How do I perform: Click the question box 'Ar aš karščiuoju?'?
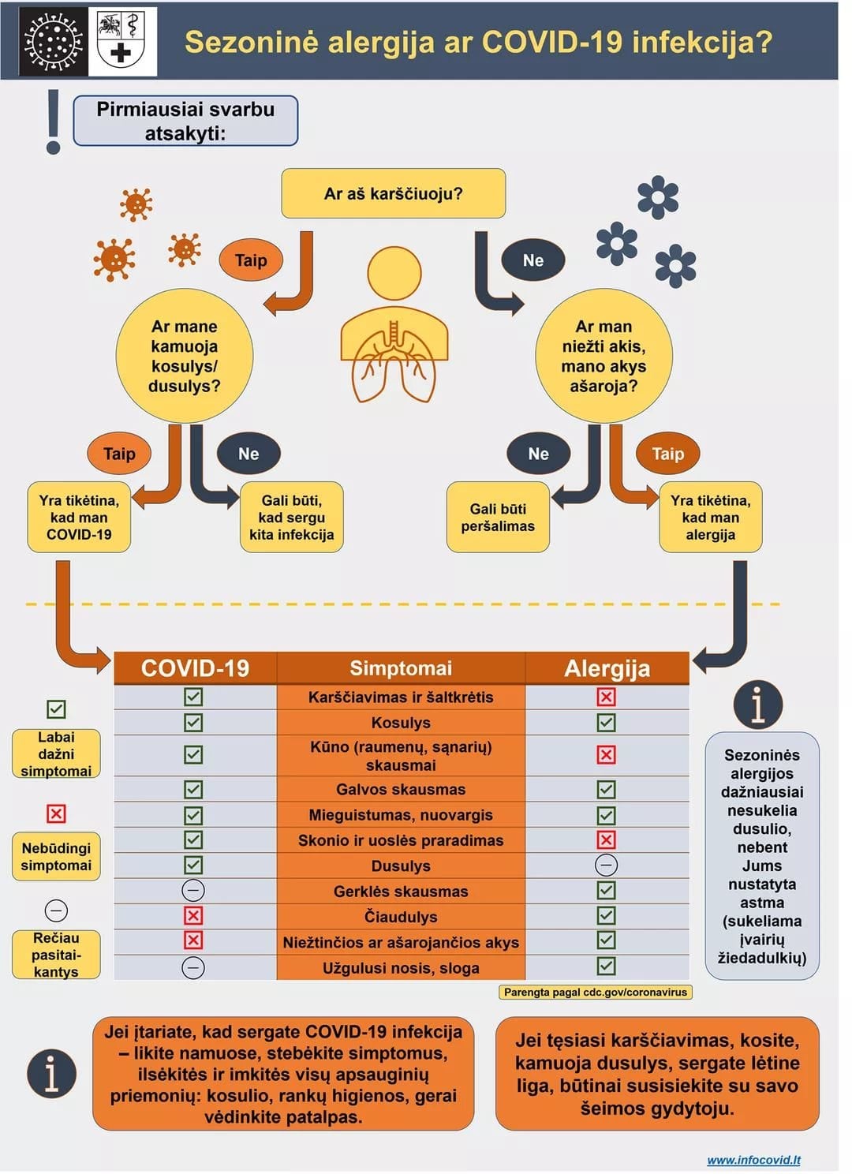(x=393, y=193)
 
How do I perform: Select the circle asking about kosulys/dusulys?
(x=184, y=356)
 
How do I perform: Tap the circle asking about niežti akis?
(x=603, y=356)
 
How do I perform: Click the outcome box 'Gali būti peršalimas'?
(x=498, y=518)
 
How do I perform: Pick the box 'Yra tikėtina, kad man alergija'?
(x=710, y=518)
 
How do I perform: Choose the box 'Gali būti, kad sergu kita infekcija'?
(x=291, y=518)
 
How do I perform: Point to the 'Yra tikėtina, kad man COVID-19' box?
(x=79, y=518)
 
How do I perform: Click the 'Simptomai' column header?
(x=401, y=668)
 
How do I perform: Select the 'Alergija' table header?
(x=607, y=668)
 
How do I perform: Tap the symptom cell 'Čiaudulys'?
(x=401, y=917)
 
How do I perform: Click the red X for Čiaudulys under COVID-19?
(x=192, y=916)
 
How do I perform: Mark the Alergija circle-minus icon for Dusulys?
(x=606, y=866)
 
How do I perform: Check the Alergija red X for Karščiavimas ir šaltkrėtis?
(x=606, y=697)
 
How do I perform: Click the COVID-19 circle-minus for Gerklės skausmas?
(x=192, y=891)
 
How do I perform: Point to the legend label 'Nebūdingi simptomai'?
(x=56, y=856)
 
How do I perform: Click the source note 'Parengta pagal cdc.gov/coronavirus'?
(x=596, y=992)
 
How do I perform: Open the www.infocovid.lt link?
(x=753, y=1160)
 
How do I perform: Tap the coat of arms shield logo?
(x=122, y=41)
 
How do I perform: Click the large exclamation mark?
(x=53, y=122)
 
